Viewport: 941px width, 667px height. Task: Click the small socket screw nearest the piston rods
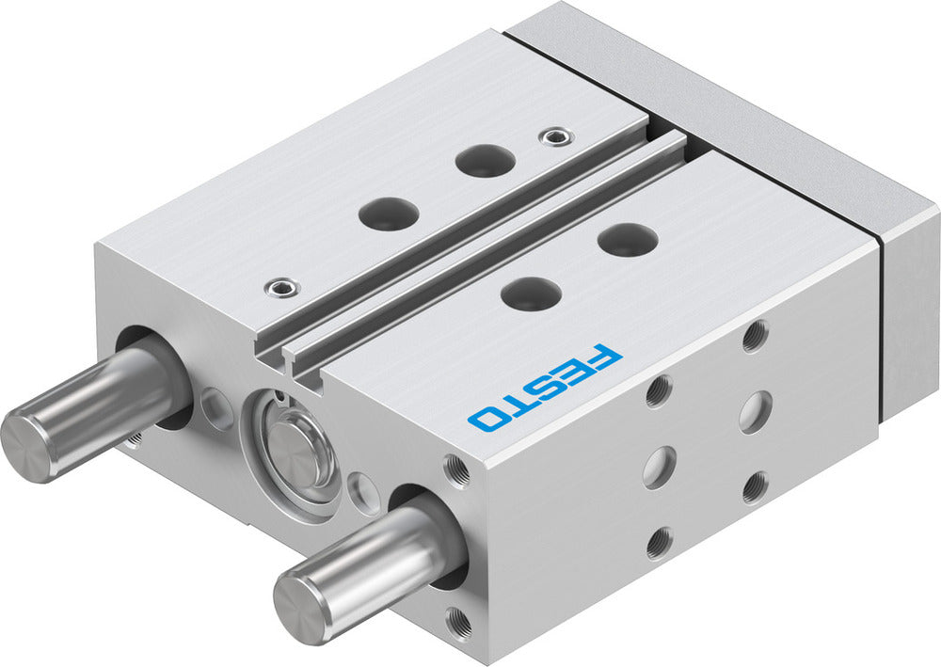pyautogui.click(x=278, y=287)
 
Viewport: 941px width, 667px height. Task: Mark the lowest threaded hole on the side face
pyautogui.click(x=659, y=543)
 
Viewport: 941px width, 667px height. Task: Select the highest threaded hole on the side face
pyautogui.click(x=754, y=335)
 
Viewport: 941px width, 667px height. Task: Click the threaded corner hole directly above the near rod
pyautogui.click(x=457, y=468)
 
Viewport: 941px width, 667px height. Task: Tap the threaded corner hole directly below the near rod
pyautogui.click(x=457, y=621)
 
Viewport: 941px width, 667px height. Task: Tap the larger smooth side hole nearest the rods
pyautogui.click(x=659, y=466)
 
